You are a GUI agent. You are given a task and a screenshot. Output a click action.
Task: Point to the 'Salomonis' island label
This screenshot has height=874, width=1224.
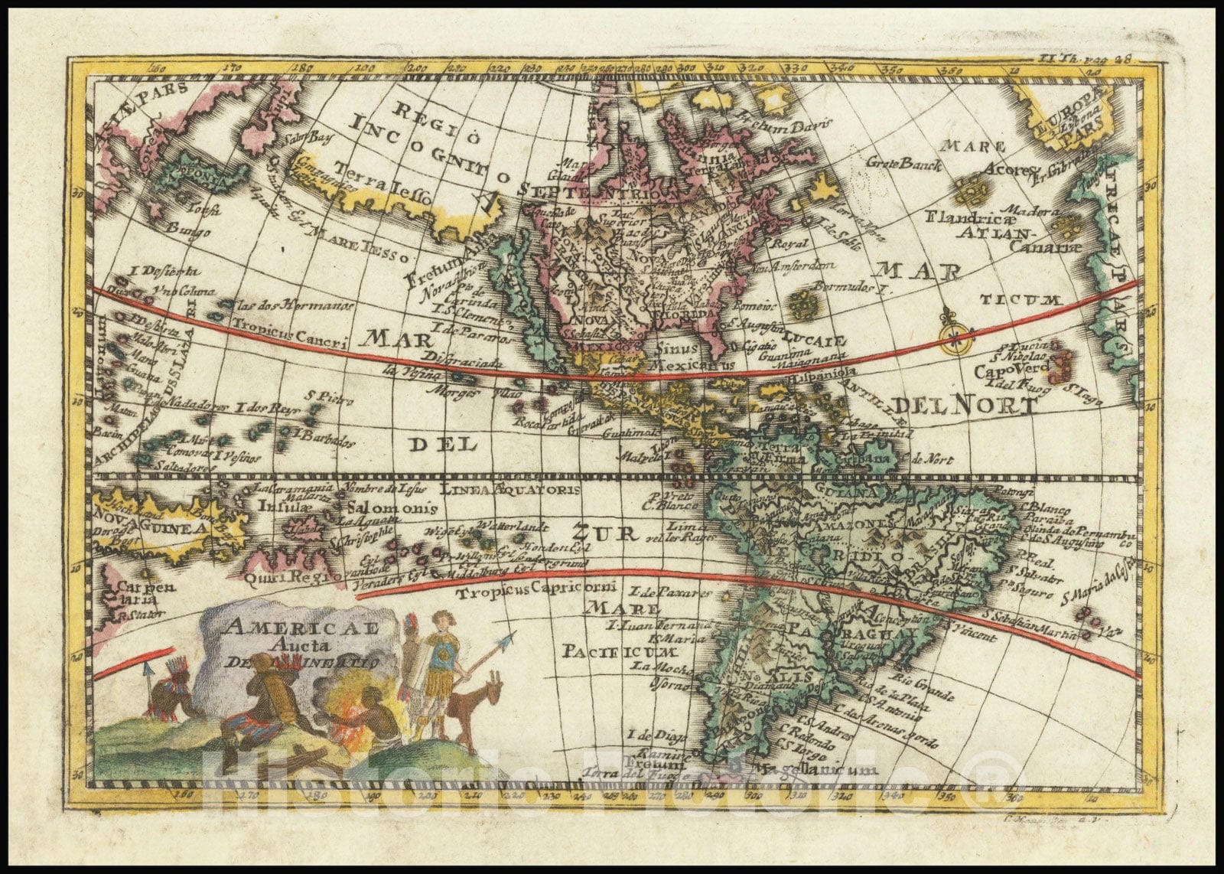[392, 507]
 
